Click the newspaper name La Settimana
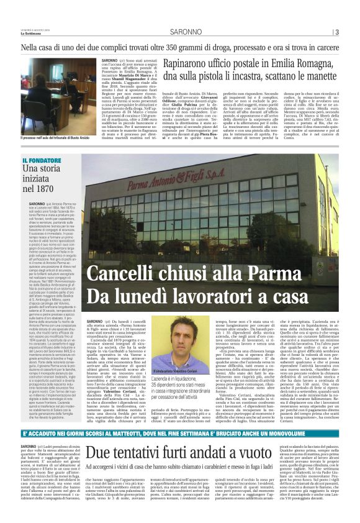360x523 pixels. pyautogui.click(x=31, y=34)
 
